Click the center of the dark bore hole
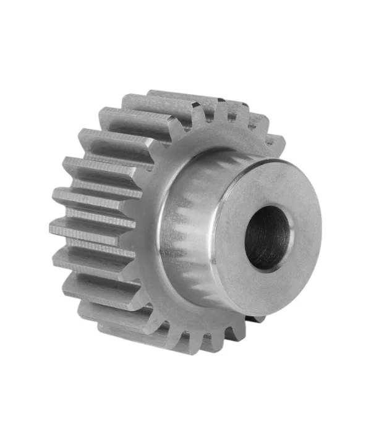tap(268, 238)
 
